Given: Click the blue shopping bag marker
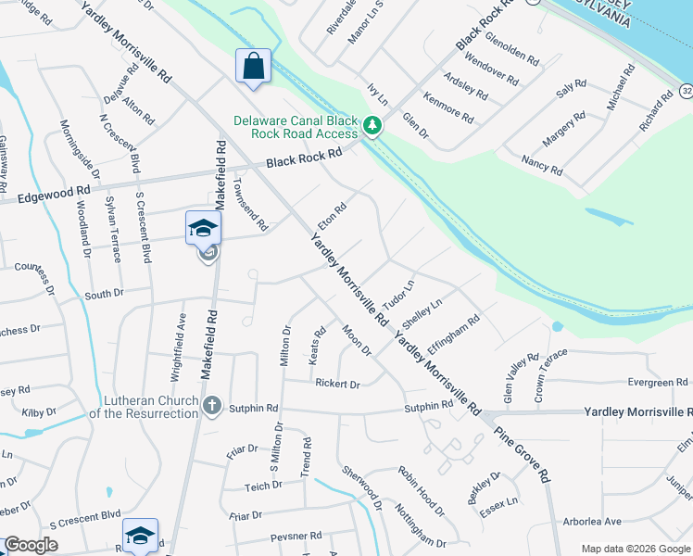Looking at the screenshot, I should tap(253, 67).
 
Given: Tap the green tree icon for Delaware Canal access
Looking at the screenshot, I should tap(372, 124).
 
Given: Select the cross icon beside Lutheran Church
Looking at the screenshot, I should tap(212, 405).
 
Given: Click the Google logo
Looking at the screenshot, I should tap(31, 545).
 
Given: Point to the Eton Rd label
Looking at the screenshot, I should tap(331, 218).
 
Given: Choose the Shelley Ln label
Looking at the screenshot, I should tap(422, 311).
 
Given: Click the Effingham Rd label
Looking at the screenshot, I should tap(453, 331).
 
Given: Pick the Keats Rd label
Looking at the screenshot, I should tap(317, 344).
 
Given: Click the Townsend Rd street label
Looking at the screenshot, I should tap(250, 204).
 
